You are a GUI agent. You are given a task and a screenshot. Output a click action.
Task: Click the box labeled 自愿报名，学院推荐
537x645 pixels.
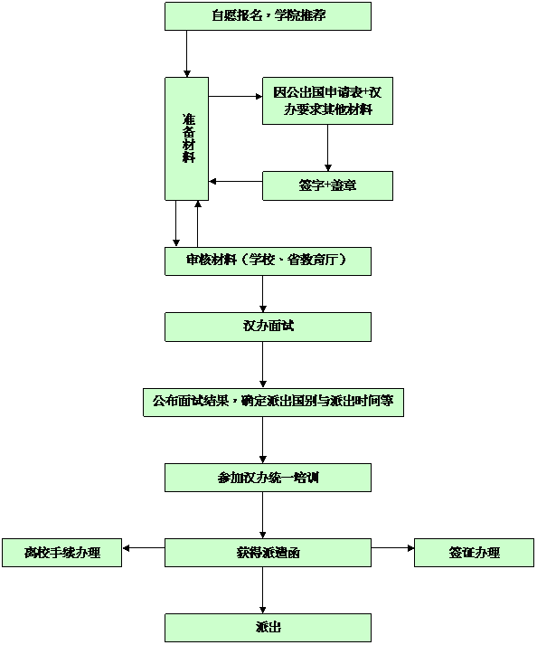268,16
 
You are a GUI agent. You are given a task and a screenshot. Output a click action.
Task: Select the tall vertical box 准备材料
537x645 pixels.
186,138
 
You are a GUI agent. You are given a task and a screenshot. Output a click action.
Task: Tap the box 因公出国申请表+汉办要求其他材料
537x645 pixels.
327,100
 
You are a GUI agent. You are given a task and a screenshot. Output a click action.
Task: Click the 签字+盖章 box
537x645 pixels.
327,186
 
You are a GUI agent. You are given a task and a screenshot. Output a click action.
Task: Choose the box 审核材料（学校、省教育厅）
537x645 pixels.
268,261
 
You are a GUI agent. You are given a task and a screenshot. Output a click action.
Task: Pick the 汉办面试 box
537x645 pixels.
268,327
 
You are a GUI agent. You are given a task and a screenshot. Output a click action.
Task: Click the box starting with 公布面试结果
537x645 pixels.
273,403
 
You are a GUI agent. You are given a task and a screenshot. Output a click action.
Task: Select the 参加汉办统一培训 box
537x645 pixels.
268,478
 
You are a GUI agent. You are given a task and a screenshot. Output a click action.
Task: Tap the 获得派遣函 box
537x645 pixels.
268,553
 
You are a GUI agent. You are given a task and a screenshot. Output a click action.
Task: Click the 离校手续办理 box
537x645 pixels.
62,553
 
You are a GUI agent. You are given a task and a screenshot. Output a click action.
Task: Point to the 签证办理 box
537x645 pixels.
474,553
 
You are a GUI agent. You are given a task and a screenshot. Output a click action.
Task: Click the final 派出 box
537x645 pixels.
268,628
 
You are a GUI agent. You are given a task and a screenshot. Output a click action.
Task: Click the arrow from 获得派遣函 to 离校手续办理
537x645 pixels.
144,548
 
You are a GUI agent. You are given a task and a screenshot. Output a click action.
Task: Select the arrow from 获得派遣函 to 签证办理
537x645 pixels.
392,548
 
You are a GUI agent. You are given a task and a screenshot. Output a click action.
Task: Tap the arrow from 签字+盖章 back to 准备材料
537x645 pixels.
236,182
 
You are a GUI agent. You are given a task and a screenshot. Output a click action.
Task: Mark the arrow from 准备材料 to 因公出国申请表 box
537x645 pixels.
236,97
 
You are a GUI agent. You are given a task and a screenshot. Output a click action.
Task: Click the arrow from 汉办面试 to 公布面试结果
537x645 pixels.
263,365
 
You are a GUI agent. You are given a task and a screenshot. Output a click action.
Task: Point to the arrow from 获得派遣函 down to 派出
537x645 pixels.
263,591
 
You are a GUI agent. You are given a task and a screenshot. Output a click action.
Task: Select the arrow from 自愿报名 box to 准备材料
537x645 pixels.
186,54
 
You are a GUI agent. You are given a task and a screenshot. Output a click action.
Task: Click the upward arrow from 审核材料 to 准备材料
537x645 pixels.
198,223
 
